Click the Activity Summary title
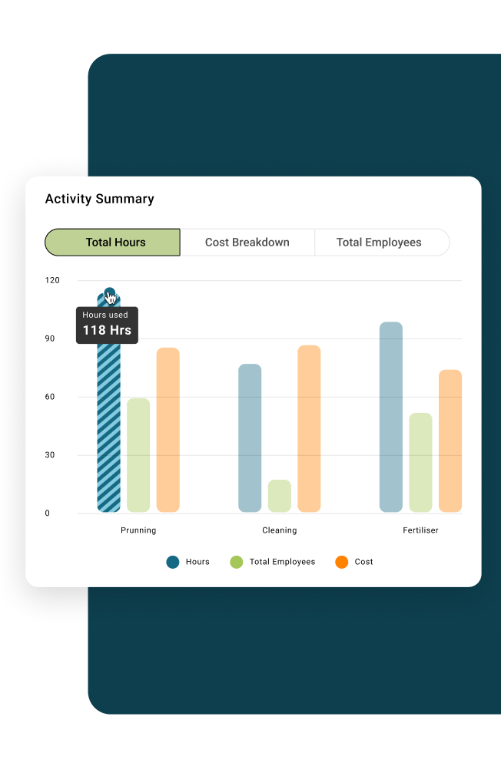tap(99, 199)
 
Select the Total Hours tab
tap(113, 242)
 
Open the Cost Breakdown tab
tap(247, 242)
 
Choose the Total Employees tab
tap(379, 242)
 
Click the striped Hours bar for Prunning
tap(108, 430)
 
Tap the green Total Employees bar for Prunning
tap(138, 455)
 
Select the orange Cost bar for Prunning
tap(168, 430)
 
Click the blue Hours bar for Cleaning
tap(250, 437)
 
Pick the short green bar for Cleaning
tap(280, 496)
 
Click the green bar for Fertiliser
tap(420, 462)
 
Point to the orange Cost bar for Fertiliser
tap(450, 441)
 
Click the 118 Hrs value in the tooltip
tap(107, 331)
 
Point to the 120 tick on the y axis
tap(52, 280)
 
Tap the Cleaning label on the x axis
tap(280, 530)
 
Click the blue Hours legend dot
tap(173, 562)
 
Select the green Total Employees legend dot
tap(237, 562)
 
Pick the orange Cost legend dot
tap(342, 562)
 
